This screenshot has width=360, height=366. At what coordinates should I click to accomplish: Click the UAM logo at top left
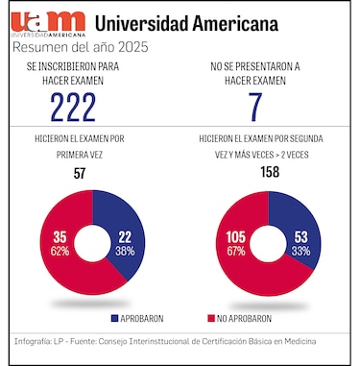pyautogui.click(x=49, y=22)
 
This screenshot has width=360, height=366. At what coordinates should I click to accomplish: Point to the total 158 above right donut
pyautogui.click(x=268, y=173)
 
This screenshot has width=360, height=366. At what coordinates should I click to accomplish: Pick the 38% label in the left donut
pyautogui.click(x=125, y=250)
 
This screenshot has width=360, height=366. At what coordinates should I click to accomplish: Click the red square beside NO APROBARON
pyautogui.click(x=209, y=318)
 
